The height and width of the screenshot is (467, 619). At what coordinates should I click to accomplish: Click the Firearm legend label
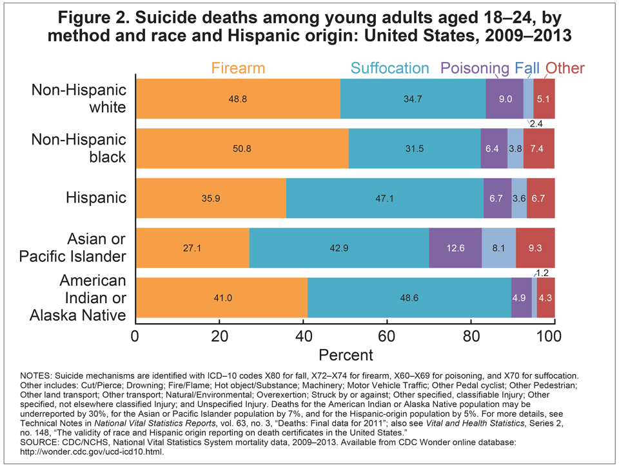tap(238, 68)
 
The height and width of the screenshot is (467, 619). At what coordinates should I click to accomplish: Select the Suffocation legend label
tap(389, 68)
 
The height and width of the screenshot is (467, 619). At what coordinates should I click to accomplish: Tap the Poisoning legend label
tap(475, 68)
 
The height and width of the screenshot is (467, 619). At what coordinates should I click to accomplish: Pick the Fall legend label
tap(527, 68)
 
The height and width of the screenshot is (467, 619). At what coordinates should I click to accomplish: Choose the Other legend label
tap(565, 68)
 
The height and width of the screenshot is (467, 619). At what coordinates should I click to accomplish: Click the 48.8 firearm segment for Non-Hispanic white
tap(238, 99)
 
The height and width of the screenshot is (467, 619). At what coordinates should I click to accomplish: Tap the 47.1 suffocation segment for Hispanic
tap(385, 198)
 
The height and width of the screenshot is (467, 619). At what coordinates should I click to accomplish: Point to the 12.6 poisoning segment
tap(455, 248)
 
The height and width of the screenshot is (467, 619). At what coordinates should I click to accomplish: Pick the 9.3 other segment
tap(535, 248)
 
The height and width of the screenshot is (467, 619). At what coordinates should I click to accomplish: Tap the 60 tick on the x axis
tap(387, 336)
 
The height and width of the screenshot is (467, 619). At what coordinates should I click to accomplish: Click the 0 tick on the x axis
tap(135, 336)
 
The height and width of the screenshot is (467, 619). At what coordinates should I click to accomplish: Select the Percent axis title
tap(346, 355)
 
